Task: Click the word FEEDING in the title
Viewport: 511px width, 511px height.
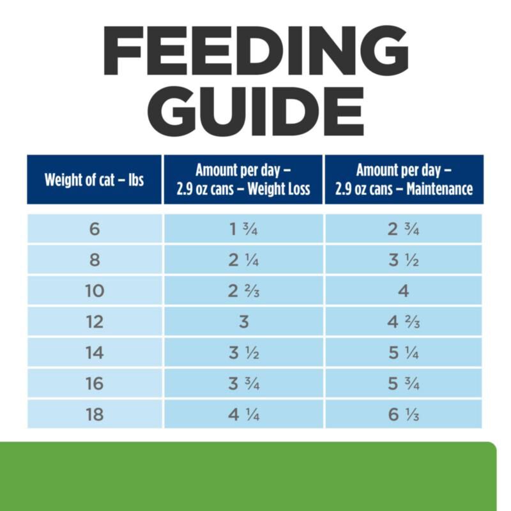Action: tap(256, 50)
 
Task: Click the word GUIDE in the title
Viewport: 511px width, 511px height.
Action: tap(256, 111)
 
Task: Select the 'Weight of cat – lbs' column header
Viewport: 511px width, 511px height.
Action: tap(94, 179)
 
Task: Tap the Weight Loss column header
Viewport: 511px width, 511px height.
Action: tap(243, 179)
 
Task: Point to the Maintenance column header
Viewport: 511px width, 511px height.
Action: tap(404, 179)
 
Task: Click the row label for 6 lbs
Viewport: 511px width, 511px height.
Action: tap(95, 229)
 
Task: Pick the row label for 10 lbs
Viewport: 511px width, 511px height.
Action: tap(95, 291)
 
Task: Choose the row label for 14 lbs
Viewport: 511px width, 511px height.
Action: tap(95, 353)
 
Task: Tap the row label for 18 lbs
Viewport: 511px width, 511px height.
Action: tap(95, 415)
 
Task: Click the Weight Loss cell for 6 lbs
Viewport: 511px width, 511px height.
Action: tap(243, 229)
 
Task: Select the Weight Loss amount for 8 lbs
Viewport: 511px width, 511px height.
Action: tap(243, 260)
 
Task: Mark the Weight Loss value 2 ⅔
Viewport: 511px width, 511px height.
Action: tap(243, 291)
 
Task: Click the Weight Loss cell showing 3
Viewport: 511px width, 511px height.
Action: tap(244, 322)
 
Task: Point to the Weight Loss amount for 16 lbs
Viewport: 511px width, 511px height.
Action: tap(244, 384)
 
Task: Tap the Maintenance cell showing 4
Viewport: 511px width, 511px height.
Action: tap(404, 291)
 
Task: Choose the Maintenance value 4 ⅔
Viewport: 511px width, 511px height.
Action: tap(404, 322)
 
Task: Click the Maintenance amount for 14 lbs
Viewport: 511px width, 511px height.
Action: tap(404, 353)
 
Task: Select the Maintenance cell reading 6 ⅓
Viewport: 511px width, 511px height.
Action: tap(404, 415)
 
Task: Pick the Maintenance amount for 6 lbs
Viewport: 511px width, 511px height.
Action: tap(404, 229)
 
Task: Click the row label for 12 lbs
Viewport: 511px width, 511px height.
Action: tap(95, 322)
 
